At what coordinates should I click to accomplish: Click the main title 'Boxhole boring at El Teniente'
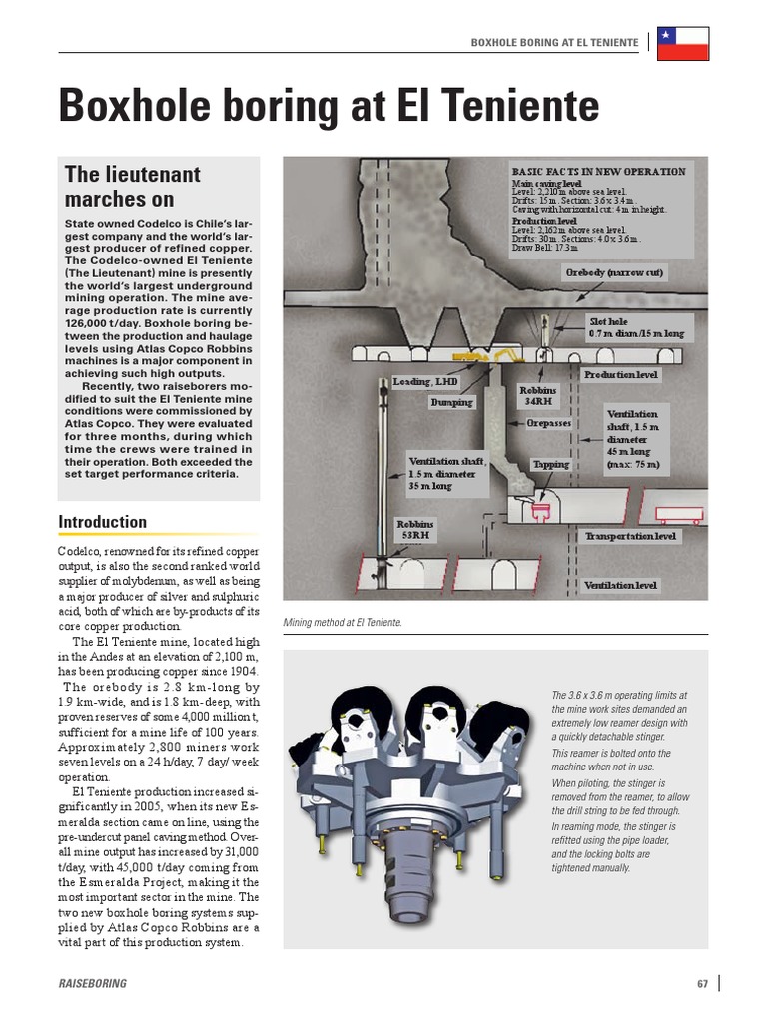point(329,107)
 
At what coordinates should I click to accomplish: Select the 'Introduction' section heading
point(102,522)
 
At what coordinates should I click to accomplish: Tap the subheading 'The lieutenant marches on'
point(132,186)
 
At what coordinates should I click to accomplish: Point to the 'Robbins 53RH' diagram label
point(416,529)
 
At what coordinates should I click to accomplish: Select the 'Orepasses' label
point(551,423)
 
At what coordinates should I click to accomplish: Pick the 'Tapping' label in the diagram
point(550,464)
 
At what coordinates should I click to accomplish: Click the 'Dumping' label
point(451,402)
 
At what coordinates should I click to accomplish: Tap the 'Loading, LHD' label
point(425,381)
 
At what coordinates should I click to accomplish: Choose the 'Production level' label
point(621,374)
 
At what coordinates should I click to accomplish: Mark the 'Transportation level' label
point(630,536)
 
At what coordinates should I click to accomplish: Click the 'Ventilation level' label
point(620,585)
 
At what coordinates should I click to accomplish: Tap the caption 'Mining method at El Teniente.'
point(343,622)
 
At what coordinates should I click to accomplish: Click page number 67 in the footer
point(702,984)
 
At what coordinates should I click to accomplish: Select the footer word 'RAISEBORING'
point(93,984)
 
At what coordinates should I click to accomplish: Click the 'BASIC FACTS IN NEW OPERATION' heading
point(598,172)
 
